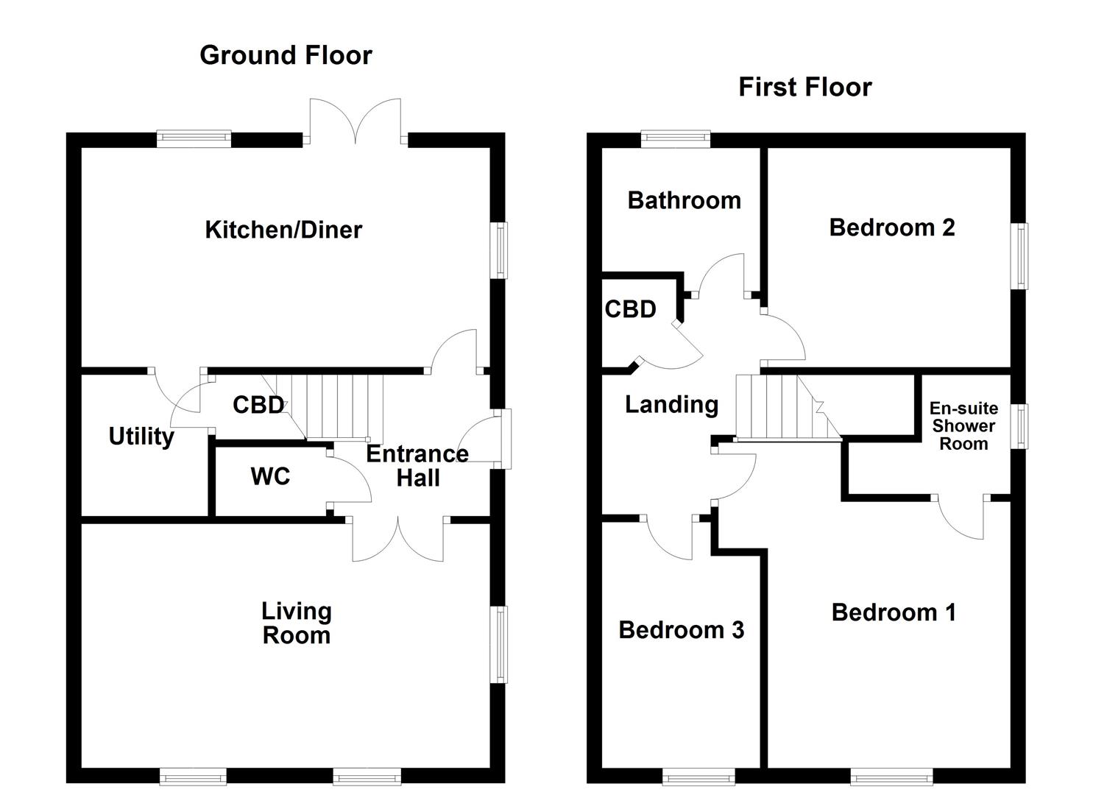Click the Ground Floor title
coord(286,55)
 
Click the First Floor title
coord(804,88)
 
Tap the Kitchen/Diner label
coord(283,230)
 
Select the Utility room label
coord(141,437)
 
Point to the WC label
coord(270,476)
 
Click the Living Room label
coord(297,623)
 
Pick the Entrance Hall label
coord(417,466)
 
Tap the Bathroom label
coord(684,200)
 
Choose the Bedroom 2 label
coord(891,227)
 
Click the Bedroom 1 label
coord(894,612)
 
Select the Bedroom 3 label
coord(681,630)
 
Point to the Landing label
coord(671,404)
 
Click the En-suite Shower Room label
coord(963,426)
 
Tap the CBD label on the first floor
coord(630,309)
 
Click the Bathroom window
coord(675,139)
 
